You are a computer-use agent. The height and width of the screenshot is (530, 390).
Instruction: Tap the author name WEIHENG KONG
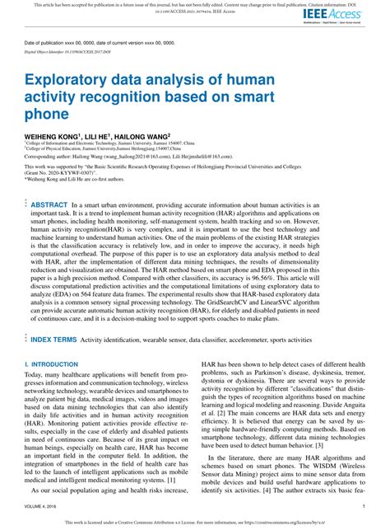50,134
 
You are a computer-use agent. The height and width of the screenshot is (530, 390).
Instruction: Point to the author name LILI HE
93,134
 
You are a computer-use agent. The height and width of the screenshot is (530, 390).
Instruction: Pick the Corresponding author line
131,155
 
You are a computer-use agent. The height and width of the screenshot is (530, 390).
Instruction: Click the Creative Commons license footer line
195,523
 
